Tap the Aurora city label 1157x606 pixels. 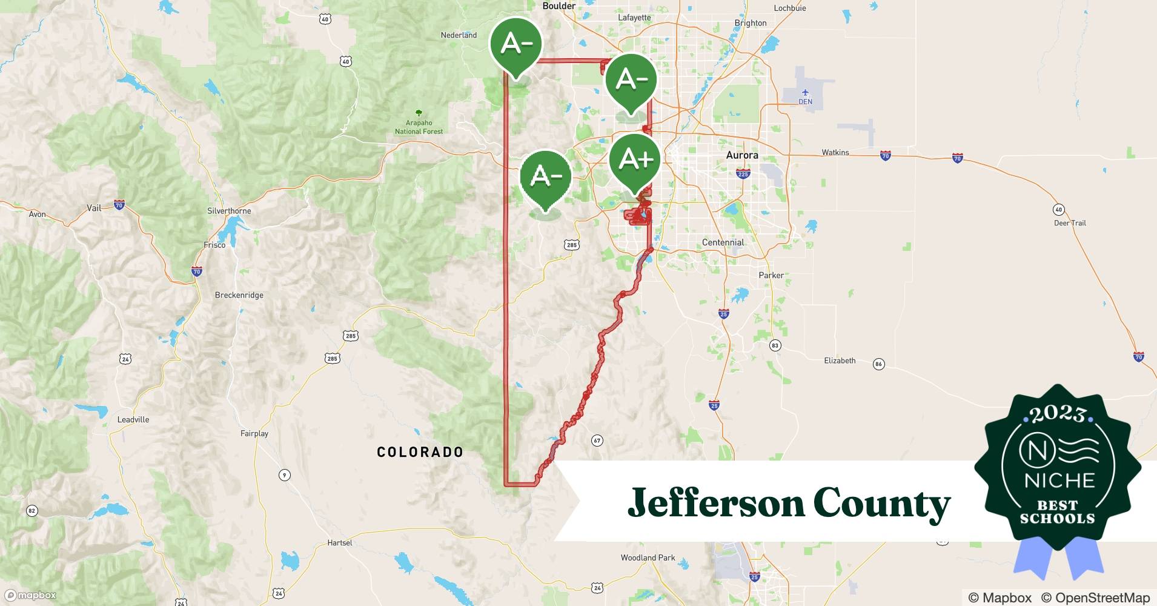[742, 155]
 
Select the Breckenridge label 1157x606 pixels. [239, 295]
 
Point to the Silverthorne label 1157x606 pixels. [229, 211]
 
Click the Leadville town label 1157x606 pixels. [133, 419]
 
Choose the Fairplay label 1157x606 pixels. [254, 433]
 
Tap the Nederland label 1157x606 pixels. [459, 35]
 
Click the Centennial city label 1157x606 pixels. [723, 242]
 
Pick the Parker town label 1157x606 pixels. [771, 275]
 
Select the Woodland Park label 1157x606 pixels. [648, 558]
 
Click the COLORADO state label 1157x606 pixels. [420, 452]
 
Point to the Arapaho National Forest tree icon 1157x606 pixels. [419, 113]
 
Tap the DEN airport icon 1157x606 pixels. [805, 93]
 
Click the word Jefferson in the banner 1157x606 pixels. [715, 503]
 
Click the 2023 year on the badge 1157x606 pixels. [1057, 414]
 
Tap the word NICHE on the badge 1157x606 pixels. [1059, 481]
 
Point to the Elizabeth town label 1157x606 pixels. [840, 361]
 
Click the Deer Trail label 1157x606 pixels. [1070, 223]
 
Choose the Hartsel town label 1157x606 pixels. [339, 542]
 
